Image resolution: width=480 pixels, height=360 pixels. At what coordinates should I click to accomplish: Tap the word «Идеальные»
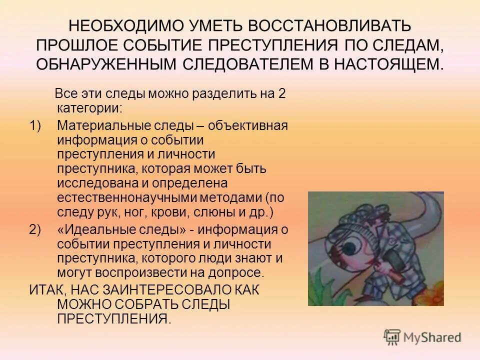pyautogui.click(x=95, y=230)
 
